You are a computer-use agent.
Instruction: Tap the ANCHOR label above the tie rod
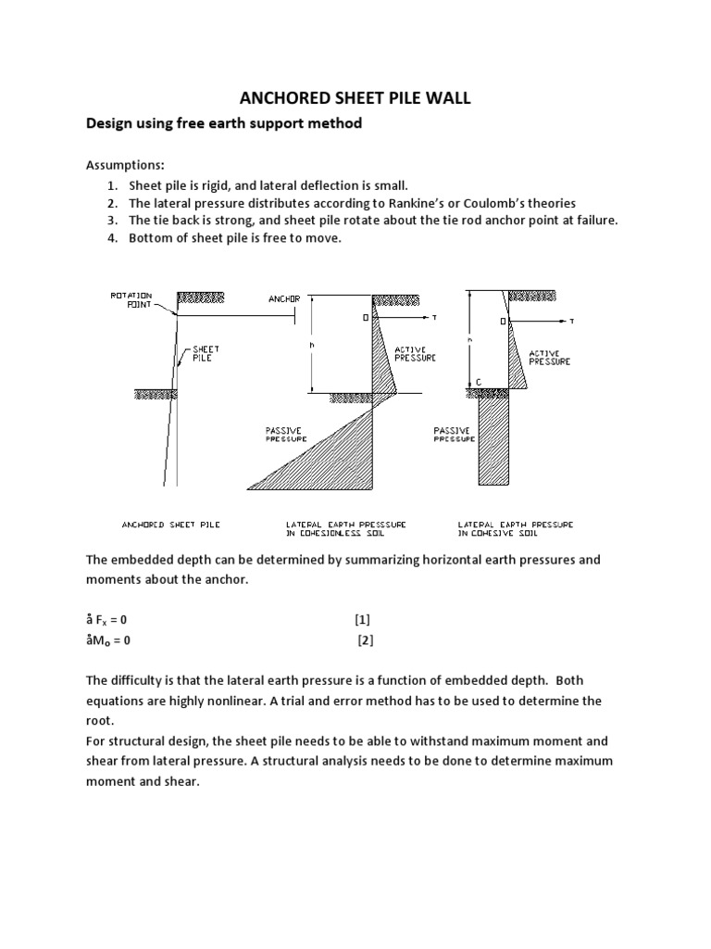tap(284, 299)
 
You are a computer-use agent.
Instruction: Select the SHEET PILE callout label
tap(205, 353)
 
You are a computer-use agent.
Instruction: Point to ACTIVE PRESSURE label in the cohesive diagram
tap(550, 358)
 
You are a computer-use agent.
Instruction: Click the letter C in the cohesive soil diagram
tap(479, 381)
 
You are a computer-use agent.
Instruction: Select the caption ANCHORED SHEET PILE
tap(171, 525)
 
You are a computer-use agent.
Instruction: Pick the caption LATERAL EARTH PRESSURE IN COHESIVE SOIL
tap(516, 529)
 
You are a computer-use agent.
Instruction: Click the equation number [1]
tap(362, 619)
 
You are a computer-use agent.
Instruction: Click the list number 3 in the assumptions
tap(111, 220)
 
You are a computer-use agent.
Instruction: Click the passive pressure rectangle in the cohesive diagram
tap(493, 436)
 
